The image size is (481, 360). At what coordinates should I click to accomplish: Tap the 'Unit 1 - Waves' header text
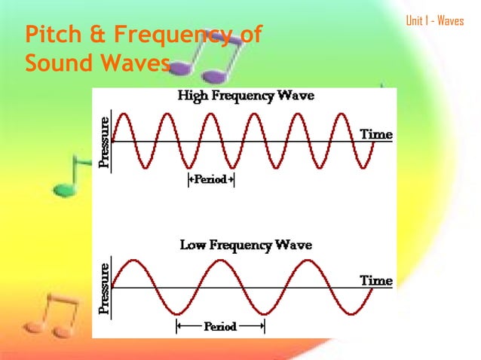[434, 20]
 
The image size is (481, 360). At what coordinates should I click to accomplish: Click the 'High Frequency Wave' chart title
[245, 96]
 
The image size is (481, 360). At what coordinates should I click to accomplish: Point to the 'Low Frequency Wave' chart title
[245, 246]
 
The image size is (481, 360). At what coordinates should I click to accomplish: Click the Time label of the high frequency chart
[375, 135]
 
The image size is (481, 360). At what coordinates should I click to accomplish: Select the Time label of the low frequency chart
[375, 280]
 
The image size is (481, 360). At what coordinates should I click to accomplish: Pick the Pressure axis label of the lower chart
[105, 287]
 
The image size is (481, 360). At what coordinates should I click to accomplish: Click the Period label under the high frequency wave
[210, 181]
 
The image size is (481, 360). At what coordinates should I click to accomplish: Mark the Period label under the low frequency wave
[220, 326]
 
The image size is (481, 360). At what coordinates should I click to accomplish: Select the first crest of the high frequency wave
[124, 114]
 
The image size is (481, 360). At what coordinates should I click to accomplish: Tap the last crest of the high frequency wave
[343, 114]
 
